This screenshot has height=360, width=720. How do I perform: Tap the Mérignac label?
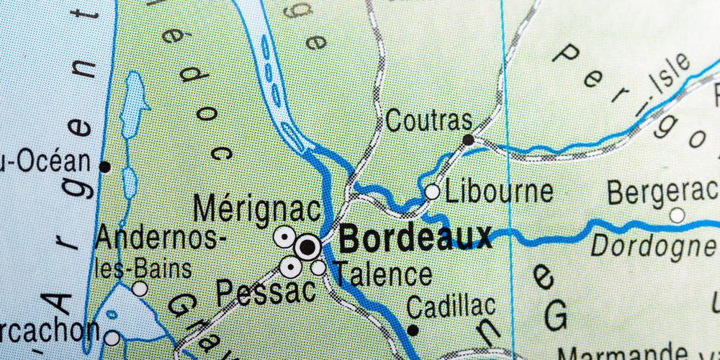coord(257,210)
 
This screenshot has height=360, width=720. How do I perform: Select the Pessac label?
coord(266,292)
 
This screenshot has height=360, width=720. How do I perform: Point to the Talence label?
coord(384,274)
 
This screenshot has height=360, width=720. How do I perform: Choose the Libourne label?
coord(499,192)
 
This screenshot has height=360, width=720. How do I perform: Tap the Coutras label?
coord(429,120)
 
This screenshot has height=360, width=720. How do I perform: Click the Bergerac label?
coord(662,192)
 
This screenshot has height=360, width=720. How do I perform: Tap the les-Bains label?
coord(144,269)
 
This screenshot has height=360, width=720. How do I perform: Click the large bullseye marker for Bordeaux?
coord(307,248)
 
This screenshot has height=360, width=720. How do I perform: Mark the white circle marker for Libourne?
coord(432,192)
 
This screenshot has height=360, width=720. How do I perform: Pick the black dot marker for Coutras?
coord(469,140)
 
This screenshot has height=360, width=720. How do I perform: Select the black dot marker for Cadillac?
coord(413,330)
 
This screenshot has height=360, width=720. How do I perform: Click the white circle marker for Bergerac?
coord(677,215)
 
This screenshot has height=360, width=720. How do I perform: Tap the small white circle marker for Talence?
coord(318,268)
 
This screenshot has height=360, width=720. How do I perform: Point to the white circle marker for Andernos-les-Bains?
coord(140,289)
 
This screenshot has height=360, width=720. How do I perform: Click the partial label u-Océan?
coord(45,161)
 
